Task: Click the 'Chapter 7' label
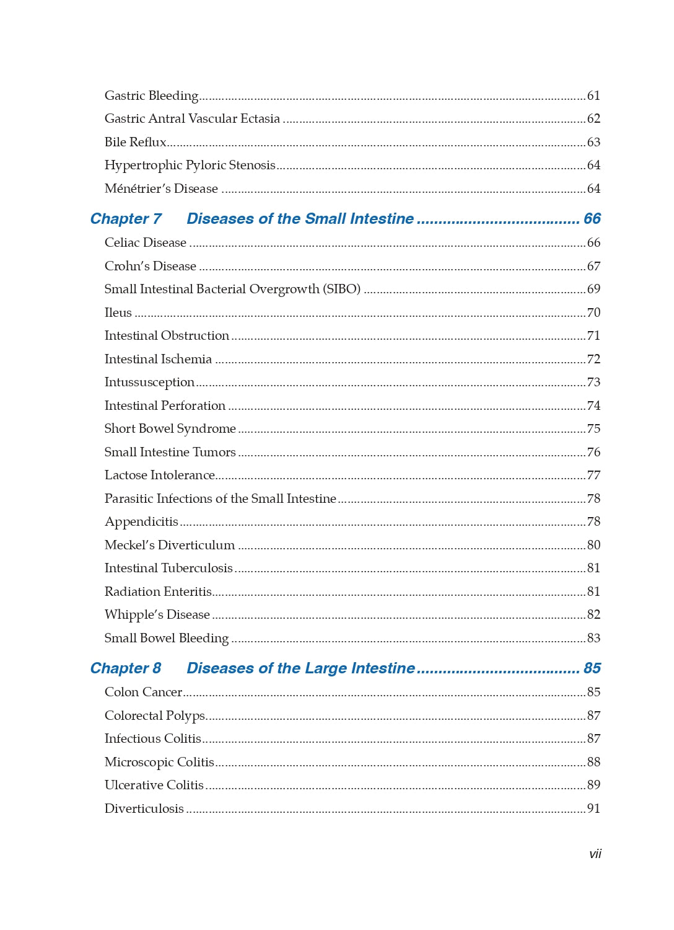tap(126, 219)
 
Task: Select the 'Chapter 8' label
tap(126, 668)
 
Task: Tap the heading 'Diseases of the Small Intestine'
tap(300, 219)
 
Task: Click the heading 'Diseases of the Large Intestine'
tap(300, 668)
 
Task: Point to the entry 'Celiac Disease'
tap(145, 243)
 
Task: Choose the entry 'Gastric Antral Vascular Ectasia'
tap(192, 119)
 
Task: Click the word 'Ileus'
tap(118, 312)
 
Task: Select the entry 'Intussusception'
tap(149, 383)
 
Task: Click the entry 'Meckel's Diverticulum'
tap(169, 545)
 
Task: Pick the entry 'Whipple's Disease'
tap(157, 615)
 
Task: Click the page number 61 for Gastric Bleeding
tap(593, 96)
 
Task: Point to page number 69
tap(593, 290)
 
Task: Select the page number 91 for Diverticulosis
tap(593, 808)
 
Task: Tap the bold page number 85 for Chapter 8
tap(592, 668)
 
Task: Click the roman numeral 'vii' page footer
tap(595, 854)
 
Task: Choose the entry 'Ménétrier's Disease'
tap(161, 189)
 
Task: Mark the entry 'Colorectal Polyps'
tap(155, 716)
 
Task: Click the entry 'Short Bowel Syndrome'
tap(170, 429)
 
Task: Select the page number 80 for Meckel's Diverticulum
tap(593, 545)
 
